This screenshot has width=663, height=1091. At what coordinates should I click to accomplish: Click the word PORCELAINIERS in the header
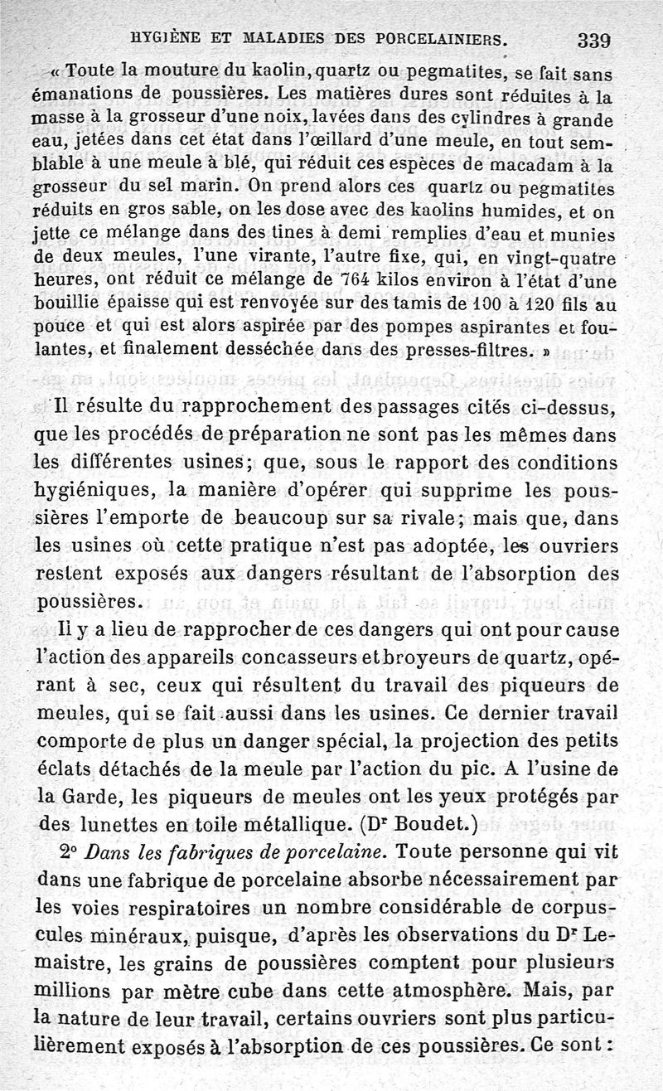430,38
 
